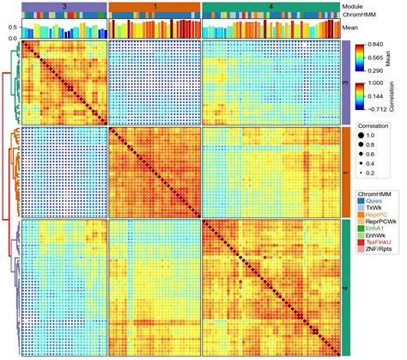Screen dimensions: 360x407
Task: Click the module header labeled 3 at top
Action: pyautogui.click(x=65, y=6)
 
